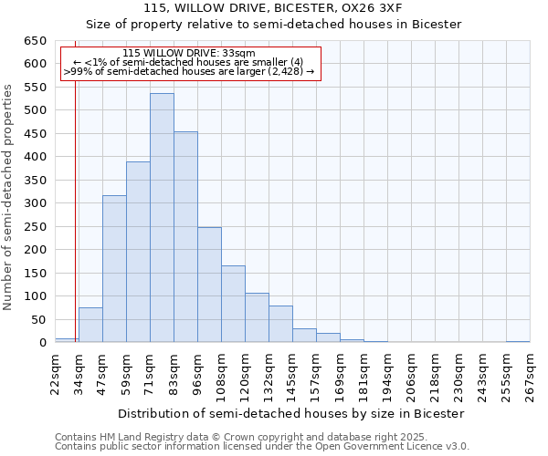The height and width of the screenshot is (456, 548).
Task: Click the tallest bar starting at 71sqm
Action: [x=162, y=218]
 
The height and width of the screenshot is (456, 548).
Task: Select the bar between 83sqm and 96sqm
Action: [x=185, y=237]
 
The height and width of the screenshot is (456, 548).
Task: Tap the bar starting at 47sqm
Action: [x=114, y=269]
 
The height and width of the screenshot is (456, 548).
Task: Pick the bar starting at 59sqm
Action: [x=138, y=252]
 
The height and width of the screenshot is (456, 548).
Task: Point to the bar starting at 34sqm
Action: [x=90, y=325]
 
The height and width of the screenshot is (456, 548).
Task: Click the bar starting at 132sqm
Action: [x=280, y=324]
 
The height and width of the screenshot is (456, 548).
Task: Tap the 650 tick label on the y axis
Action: [x=35, y=41]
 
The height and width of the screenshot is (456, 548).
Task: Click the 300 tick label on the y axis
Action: [x=35, y=203]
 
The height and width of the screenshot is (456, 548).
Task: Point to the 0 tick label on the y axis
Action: [x=42, y=343]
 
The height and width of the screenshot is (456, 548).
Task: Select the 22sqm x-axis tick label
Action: [x=55, y=370]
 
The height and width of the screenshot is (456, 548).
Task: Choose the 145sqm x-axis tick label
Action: [x=292, y=373]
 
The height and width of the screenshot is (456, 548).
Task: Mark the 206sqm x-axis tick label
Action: [x=411, y=373]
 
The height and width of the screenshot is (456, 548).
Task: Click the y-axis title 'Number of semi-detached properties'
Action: [x=8, y=197]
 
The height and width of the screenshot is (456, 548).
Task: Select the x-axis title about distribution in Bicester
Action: [x=292, y=413]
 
